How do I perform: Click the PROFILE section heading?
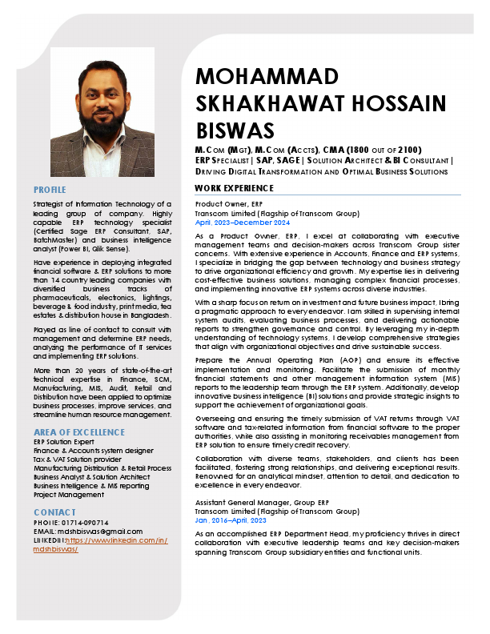50,190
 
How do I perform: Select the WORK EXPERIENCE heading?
234,188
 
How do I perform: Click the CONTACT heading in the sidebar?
54,512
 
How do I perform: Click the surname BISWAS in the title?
235,130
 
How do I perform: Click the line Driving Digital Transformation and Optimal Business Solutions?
321,171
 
